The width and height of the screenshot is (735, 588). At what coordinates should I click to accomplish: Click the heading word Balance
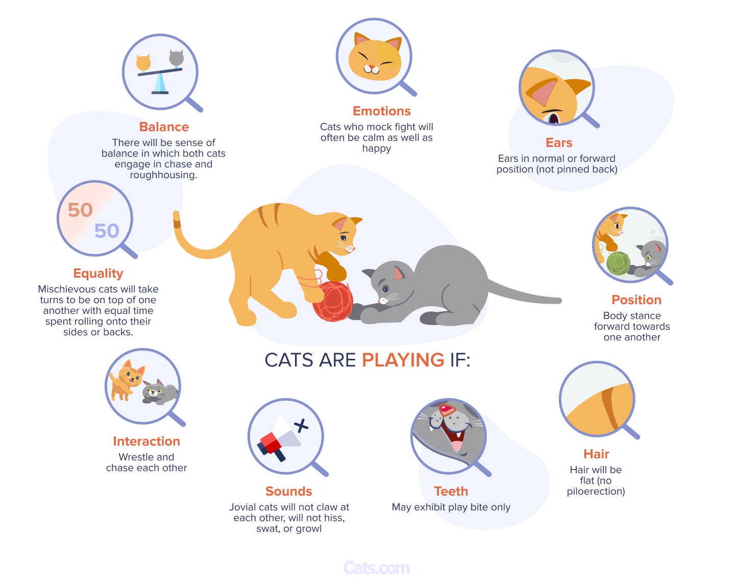pyautogui.click(x=164, y=127)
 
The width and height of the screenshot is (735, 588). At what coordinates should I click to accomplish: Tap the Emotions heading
pyautogui.click(x=381, y=111)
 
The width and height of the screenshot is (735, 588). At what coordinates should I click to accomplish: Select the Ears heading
pyautogui.click(x=559, y=143)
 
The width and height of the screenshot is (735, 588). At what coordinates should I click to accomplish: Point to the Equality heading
pyautogui.click(x=98, y=274)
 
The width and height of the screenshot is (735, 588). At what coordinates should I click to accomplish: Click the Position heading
pyautogui.click(x=636, y=300)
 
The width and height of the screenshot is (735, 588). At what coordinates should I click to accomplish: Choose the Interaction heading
pyautogui.click(x=146, y=441)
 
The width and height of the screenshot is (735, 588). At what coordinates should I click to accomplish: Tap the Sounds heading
pyautogui.click(x=288, y=491)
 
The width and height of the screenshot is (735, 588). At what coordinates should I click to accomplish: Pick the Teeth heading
pyautogui.click(x=451, y=491)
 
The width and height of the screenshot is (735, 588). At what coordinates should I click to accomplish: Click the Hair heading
pyautogui.click(x=596, y=454)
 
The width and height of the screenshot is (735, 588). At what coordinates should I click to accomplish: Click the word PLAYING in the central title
pyautogui.click(x=403, y=360)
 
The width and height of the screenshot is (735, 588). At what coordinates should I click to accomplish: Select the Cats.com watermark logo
pyautogui.click(x=376, y=568)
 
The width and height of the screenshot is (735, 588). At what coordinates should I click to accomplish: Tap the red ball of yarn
pyautogui.click(x=332, y=301)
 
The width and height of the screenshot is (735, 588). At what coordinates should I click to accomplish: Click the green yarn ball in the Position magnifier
pyautogui.click(x=618, y=263)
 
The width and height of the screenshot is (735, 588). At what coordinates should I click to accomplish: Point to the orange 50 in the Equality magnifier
pyautogui.click(x=80, y=210)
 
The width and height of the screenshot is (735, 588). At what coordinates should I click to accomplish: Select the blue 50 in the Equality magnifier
pyautogui.click(x=107, y=231)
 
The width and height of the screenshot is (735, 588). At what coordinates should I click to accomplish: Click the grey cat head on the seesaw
pyautogui.click(x=177, y=58)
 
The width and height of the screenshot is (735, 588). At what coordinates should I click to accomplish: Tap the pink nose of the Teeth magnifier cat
pyautogui.click(x=447, y=410)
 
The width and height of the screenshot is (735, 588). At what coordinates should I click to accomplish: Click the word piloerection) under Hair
pyautogui.click(x=596, y=492)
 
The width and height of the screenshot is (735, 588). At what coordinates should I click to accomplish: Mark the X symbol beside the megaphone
pyautogui.click(x=301, y=426)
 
